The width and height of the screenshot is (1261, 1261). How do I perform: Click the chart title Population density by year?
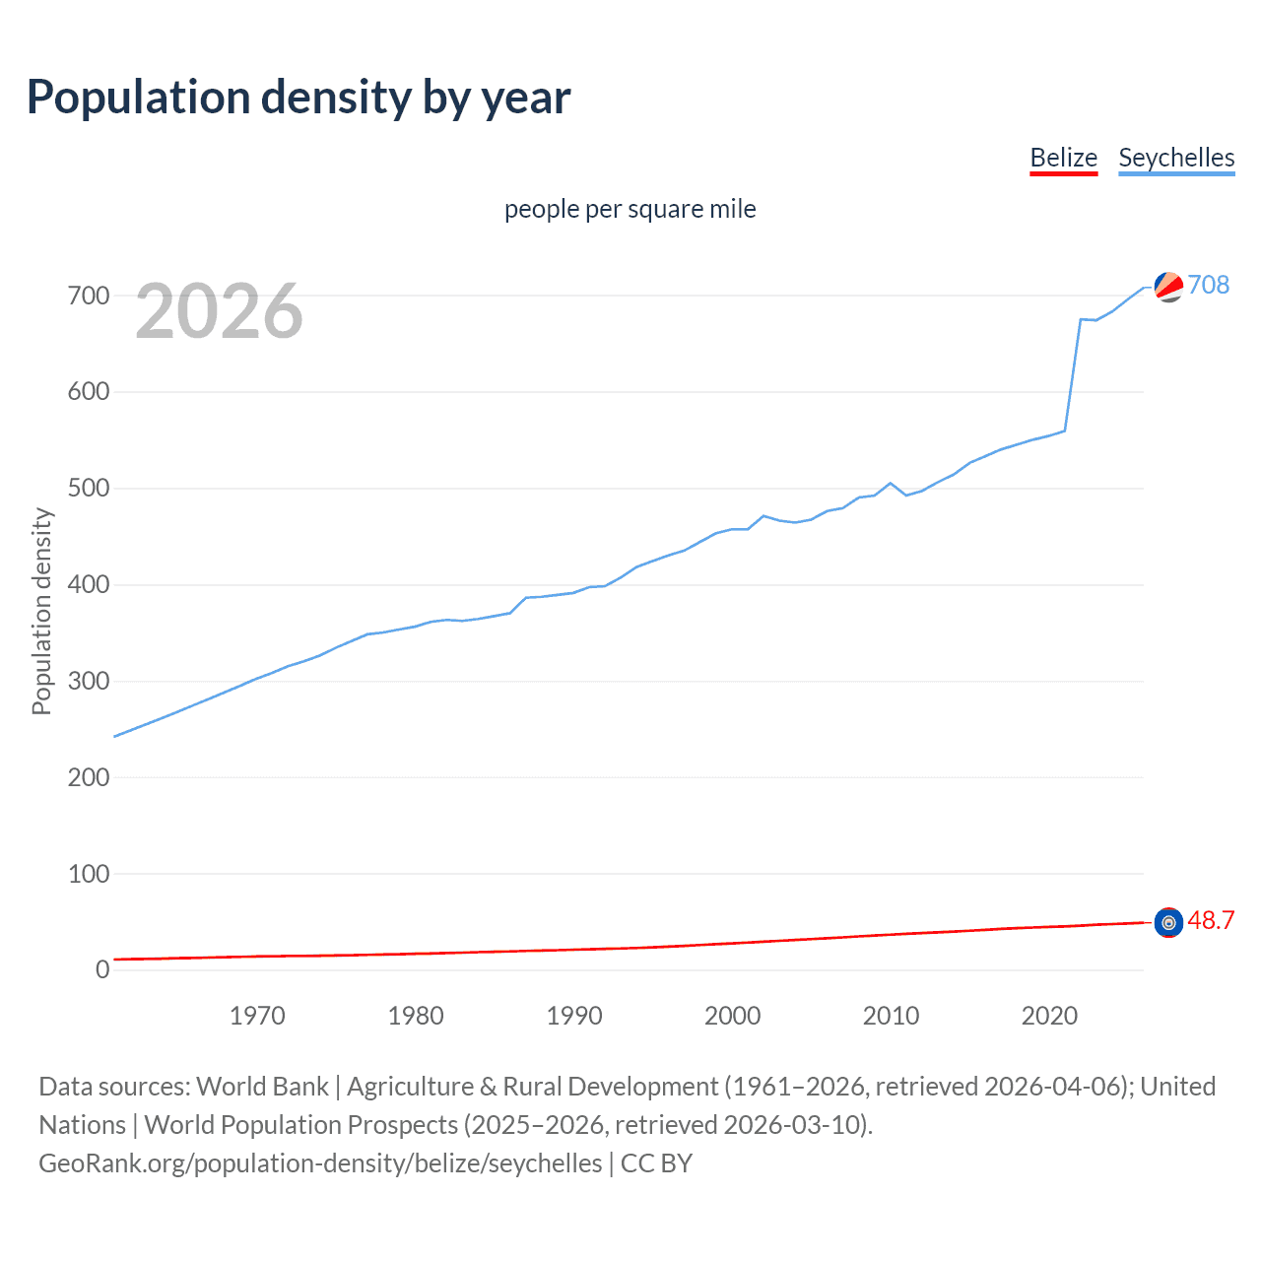[x=299, y=98]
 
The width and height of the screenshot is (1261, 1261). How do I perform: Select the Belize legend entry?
[x=1063, y=158]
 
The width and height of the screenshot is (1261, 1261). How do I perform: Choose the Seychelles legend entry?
[x=1176, y=158]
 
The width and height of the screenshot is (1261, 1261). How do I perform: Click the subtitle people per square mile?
[x=630, y=209]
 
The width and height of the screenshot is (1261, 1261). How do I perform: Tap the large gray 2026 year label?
[x=219, y=311]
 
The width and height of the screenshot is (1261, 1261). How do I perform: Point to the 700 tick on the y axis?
[x=89, y=296]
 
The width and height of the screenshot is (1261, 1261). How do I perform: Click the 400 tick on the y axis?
[x=89, y=585]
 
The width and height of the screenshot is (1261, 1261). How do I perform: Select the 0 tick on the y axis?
[x=102, y=969]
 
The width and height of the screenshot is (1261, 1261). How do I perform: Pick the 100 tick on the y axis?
[x=89, y=874]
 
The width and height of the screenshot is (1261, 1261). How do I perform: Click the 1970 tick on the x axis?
[x=257, y=1016]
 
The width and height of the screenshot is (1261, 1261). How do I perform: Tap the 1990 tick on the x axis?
[x=574, y=1016]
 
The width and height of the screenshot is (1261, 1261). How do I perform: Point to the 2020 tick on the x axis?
[x=1049, y=1016]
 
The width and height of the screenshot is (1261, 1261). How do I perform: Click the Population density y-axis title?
[x=41, y=611]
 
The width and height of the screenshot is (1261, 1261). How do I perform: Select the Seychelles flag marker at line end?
[x=1168, y=287]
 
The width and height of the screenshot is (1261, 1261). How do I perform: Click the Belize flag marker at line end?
[x=1168, y=922]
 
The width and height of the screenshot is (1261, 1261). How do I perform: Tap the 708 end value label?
[x=1209, y=285]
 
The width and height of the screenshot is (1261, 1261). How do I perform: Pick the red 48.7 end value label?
[x=1211, y=920]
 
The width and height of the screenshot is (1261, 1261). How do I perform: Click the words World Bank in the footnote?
[x=262, y=1087]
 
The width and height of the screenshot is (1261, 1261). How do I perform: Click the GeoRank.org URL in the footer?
[x=320, y=1163]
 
